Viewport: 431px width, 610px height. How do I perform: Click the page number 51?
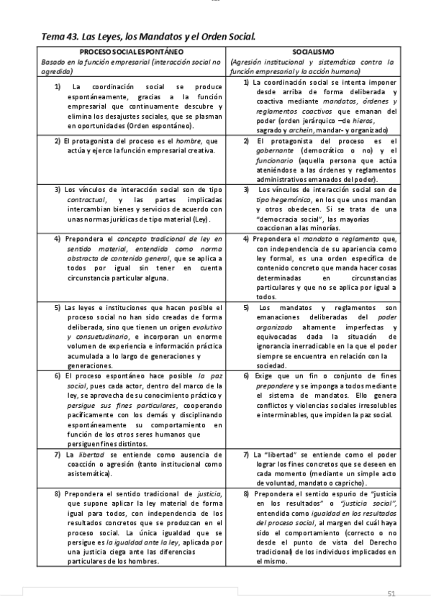[391, 593]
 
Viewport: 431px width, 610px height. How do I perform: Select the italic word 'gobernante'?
[277, 150]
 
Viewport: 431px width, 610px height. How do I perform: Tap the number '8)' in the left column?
[58, 494]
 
